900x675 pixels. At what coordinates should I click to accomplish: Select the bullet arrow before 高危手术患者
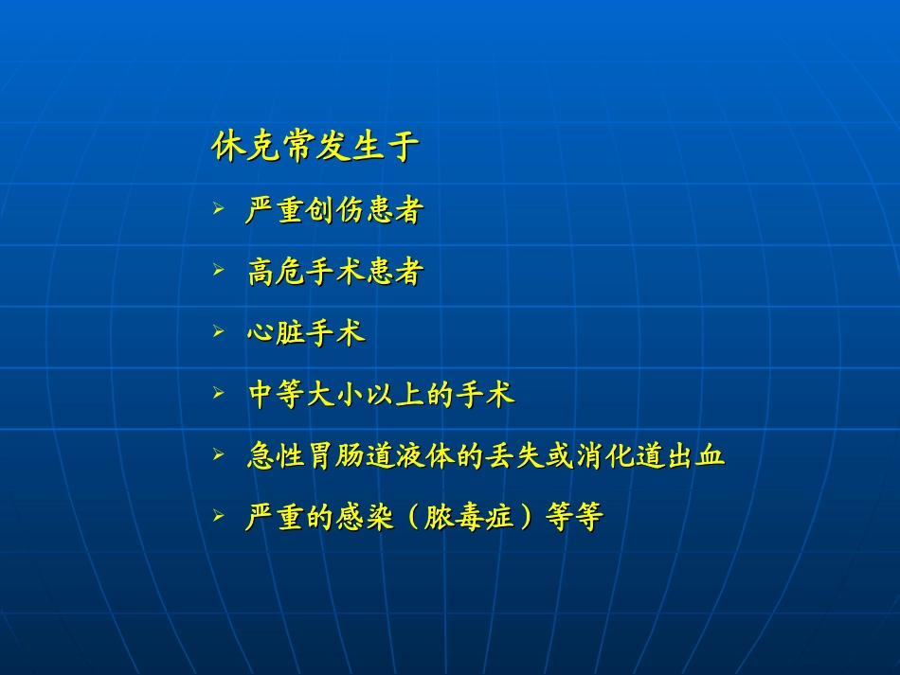tap(219, 270)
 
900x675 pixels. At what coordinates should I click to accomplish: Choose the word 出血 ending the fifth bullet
tap(695, 456)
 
